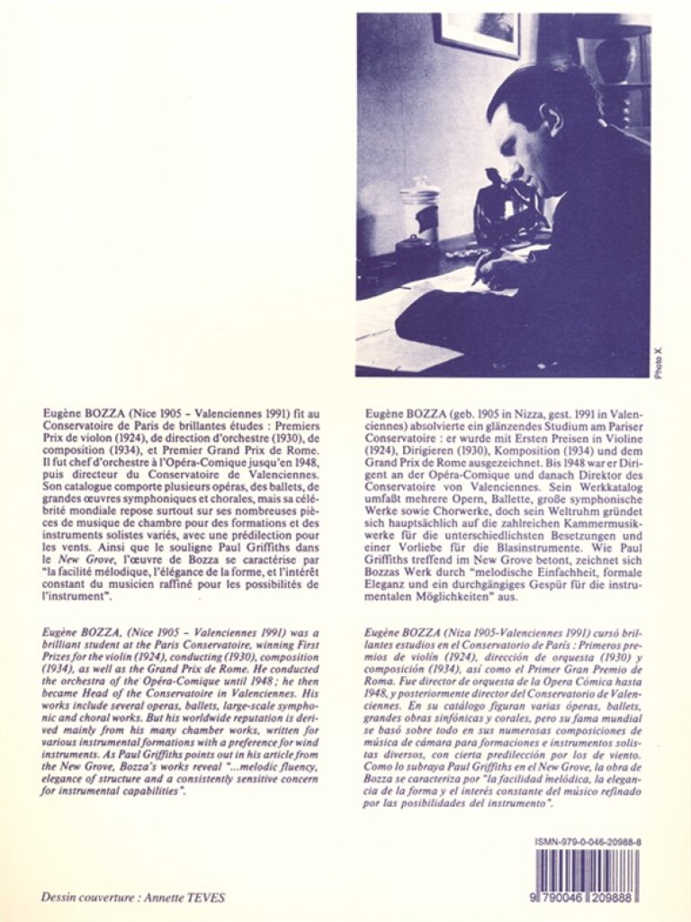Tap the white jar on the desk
pyautogui.click(x=420, y=208)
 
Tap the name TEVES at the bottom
pyautogui.click(x=211, y=897)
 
